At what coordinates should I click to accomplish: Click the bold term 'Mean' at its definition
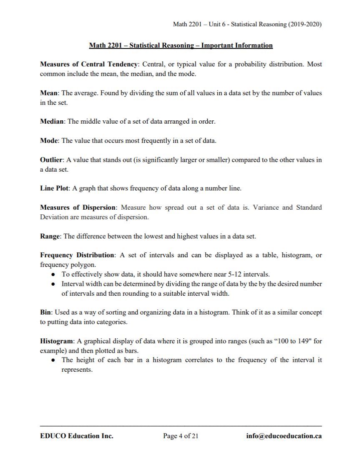tap(48, 93)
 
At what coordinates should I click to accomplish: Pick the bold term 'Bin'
tap(45, 312)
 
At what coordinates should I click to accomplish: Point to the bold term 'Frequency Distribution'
tap(77, 255)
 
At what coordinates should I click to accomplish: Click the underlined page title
tap(181, 46)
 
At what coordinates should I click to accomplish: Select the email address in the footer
tap(284, 436)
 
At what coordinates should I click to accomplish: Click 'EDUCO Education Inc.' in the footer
tap(77, 436)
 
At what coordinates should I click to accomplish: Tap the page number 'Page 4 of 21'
tap(181, 436)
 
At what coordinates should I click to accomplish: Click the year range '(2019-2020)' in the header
tap(305, 24)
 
